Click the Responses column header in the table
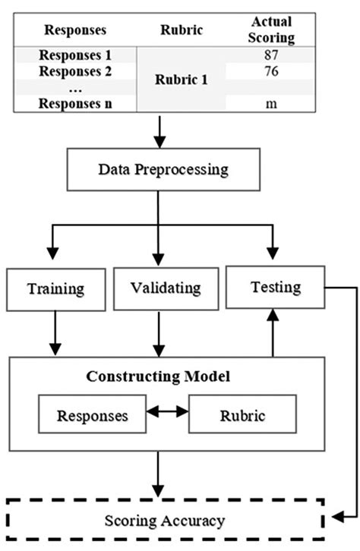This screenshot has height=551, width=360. click(75, 30)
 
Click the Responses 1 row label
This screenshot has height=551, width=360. click(75, 55)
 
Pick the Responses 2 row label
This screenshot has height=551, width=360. click(75, 72)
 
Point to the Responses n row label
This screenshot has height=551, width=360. click(75, 105)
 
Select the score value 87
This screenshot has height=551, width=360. click(270, 55)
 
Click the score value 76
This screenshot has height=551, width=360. click(270, 72)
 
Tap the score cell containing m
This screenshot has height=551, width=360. click(270, 105)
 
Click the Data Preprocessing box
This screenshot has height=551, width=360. click(163, 168)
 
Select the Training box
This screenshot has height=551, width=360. click(55, 288)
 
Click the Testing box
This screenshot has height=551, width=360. click(275, 287)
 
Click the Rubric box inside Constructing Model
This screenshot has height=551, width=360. click(239, 416)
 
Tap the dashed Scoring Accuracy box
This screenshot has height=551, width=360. click(164, 521)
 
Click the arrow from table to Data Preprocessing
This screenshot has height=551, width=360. click(159, 131)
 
